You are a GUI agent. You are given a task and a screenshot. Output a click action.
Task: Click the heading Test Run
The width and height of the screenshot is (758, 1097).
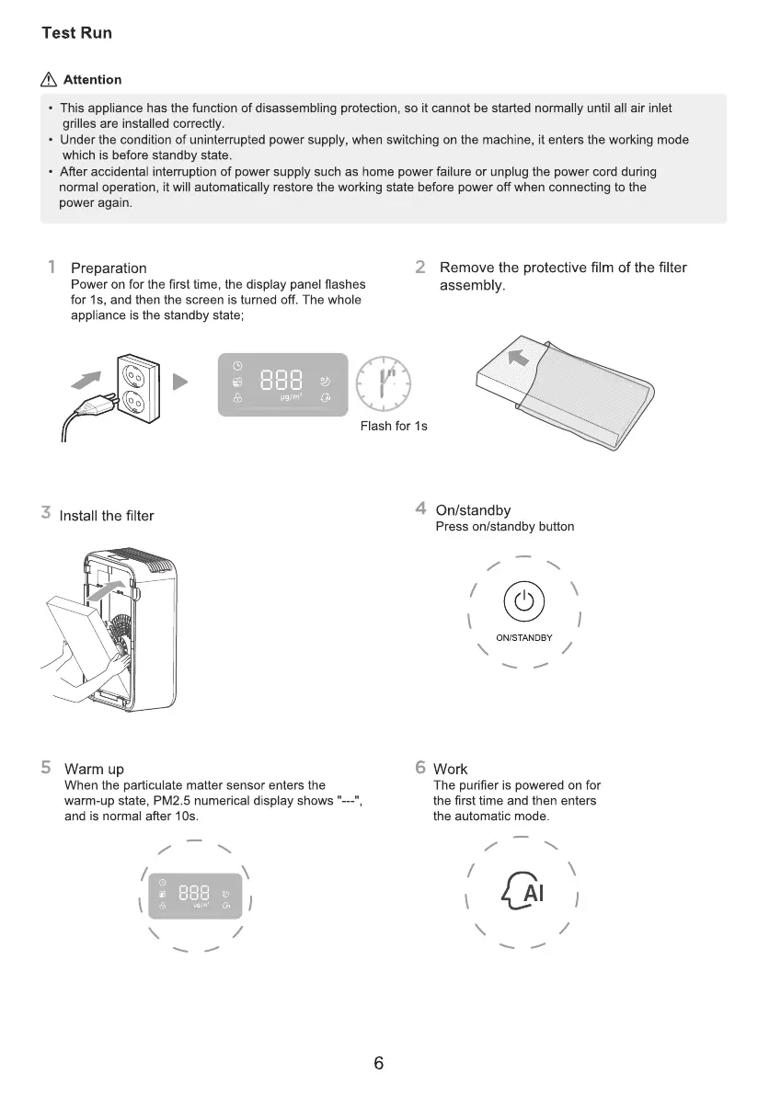(77, 33)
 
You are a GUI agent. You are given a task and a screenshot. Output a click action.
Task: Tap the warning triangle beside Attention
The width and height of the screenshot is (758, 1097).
(51, 80)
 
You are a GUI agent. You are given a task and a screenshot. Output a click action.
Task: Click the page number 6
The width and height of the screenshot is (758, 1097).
(378, 1064)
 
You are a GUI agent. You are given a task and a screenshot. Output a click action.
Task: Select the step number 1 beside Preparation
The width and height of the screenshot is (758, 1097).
(52, 268)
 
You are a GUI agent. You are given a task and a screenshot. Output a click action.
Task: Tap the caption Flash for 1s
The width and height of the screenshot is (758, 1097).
(394, 427)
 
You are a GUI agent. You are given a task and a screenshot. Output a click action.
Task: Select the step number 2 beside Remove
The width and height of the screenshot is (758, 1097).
(420, 268)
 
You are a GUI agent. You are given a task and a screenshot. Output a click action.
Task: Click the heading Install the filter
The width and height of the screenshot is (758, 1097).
(106, 515)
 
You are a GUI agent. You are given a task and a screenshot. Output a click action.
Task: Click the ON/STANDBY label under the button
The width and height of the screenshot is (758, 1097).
(523, 637)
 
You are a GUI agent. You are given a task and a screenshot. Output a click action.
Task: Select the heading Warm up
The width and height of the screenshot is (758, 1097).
(94, 769)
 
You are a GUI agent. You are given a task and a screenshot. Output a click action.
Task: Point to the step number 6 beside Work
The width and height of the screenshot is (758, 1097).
(420, 768)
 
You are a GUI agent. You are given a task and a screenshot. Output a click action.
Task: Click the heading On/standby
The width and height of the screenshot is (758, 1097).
(473, 510)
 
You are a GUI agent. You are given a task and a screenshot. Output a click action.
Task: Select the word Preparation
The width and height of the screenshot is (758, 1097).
(109, 269)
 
